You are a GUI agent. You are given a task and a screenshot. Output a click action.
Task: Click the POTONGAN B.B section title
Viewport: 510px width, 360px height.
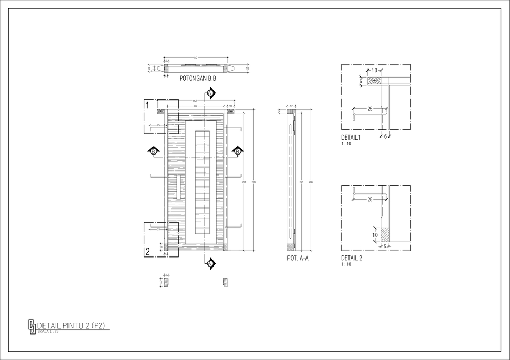198,79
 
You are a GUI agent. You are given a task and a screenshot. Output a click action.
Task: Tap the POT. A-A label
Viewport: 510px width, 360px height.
297,259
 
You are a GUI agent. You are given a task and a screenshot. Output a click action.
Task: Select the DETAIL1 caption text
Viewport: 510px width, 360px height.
351,138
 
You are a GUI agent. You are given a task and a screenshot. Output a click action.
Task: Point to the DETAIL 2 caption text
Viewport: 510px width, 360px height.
351,259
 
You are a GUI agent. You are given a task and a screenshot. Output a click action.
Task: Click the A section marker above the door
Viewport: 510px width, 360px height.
210,93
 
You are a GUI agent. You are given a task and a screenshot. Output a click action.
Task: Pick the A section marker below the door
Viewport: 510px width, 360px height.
210,263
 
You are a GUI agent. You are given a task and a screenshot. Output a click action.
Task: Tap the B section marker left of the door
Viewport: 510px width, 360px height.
154,152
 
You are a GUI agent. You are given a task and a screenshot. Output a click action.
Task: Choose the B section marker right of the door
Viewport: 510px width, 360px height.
237,152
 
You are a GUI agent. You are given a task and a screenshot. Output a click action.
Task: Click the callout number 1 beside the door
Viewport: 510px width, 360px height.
147,105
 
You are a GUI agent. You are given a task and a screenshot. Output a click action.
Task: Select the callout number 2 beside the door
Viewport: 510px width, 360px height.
147,252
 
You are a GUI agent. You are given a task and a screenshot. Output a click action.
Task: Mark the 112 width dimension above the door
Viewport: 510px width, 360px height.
195,101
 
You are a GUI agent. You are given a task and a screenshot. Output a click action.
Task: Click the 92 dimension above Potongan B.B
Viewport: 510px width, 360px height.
196,57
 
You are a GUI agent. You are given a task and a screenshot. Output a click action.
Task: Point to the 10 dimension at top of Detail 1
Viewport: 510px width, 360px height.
374,71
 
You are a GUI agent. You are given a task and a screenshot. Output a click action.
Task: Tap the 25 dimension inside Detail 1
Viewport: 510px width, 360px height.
369,109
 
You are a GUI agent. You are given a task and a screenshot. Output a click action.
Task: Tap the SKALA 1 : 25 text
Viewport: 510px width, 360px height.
48,332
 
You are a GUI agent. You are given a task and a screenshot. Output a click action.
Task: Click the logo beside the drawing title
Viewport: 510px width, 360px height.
32,325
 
